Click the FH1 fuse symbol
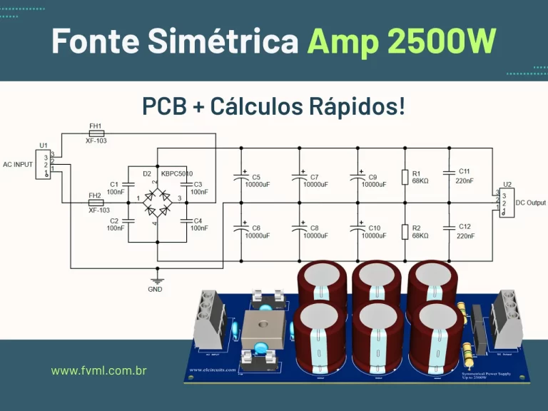pyautogui.click(x=96, y=133)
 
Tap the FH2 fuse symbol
pyautogui.click(x=96, y=203)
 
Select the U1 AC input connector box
pyautogui.click(x=45, y=163)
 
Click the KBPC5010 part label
pyautogui.click(x=177, y=173)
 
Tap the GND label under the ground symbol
pyautogui.click(x=155, y=289)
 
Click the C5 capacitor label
pyautogui.click(x=256, y=177)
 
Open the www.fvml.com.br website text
pyautogui.click(x=99, y=371)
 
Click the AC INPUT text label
pyautogui.click(x=18, y=164)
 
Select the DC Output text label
pyautogui.click(x=530, y=203)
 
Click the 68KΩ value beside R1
pyautogui.click(x=420, y=181)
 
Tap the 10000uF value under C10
pyautogui.click(x=373, y=235)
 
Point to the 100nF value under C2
pyautogui.click(x=116, y=228)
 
